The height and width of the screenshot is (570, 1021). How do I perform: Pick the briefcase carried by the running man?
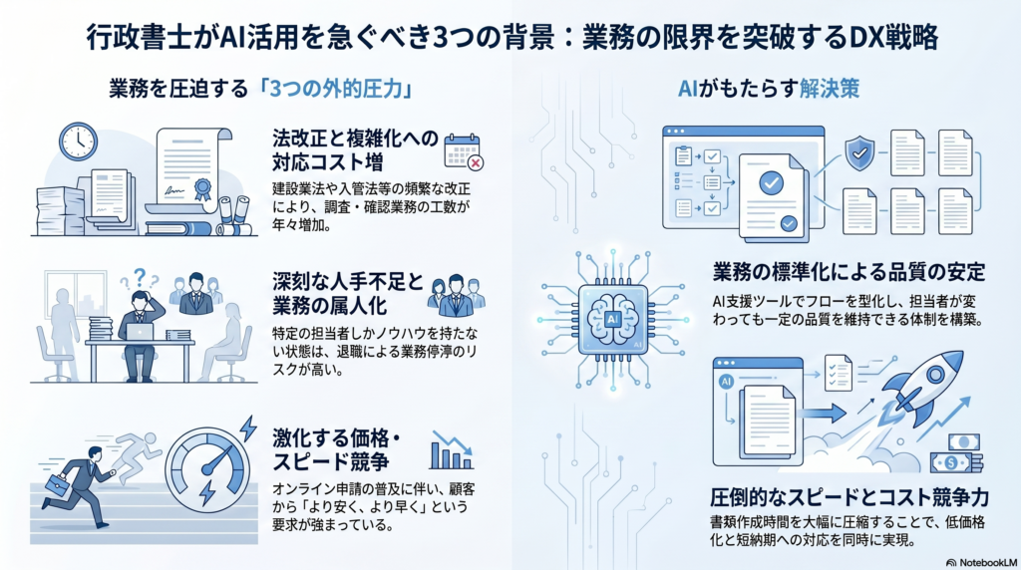coord(56,486)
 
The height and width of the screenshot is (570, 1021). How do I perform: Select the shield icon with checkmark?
coord(858,154)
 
